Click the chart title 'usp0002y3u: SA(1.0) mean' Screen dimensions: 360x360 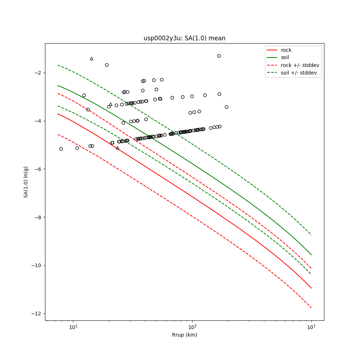click(184, 38)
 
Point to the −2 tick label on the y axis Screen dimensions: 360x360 click(37, 73)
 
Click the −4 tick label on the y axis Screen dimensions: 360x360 click(37, 121)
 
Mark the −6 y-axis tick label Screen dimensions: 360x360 click(37, 169)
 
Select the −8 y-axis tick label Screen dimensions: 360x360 click(37, 217)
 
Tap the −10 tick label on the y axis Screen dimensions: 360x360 click(36, 266)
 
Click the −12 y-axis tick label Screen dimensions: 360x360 click(36, 314)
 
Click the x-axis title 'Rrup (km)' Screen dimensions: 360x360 click(184, 335)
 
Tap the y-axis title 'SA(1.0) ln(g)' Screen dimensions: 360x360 click(26, 182)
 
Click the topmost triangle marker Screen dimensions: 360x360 click(91, 59)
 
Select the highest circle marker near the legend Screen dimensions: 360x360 click(219, 56)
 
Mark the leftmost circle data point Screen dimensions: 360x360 click(61, 149)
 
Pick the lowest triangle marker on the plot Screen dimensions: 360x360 click(117, 148)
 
